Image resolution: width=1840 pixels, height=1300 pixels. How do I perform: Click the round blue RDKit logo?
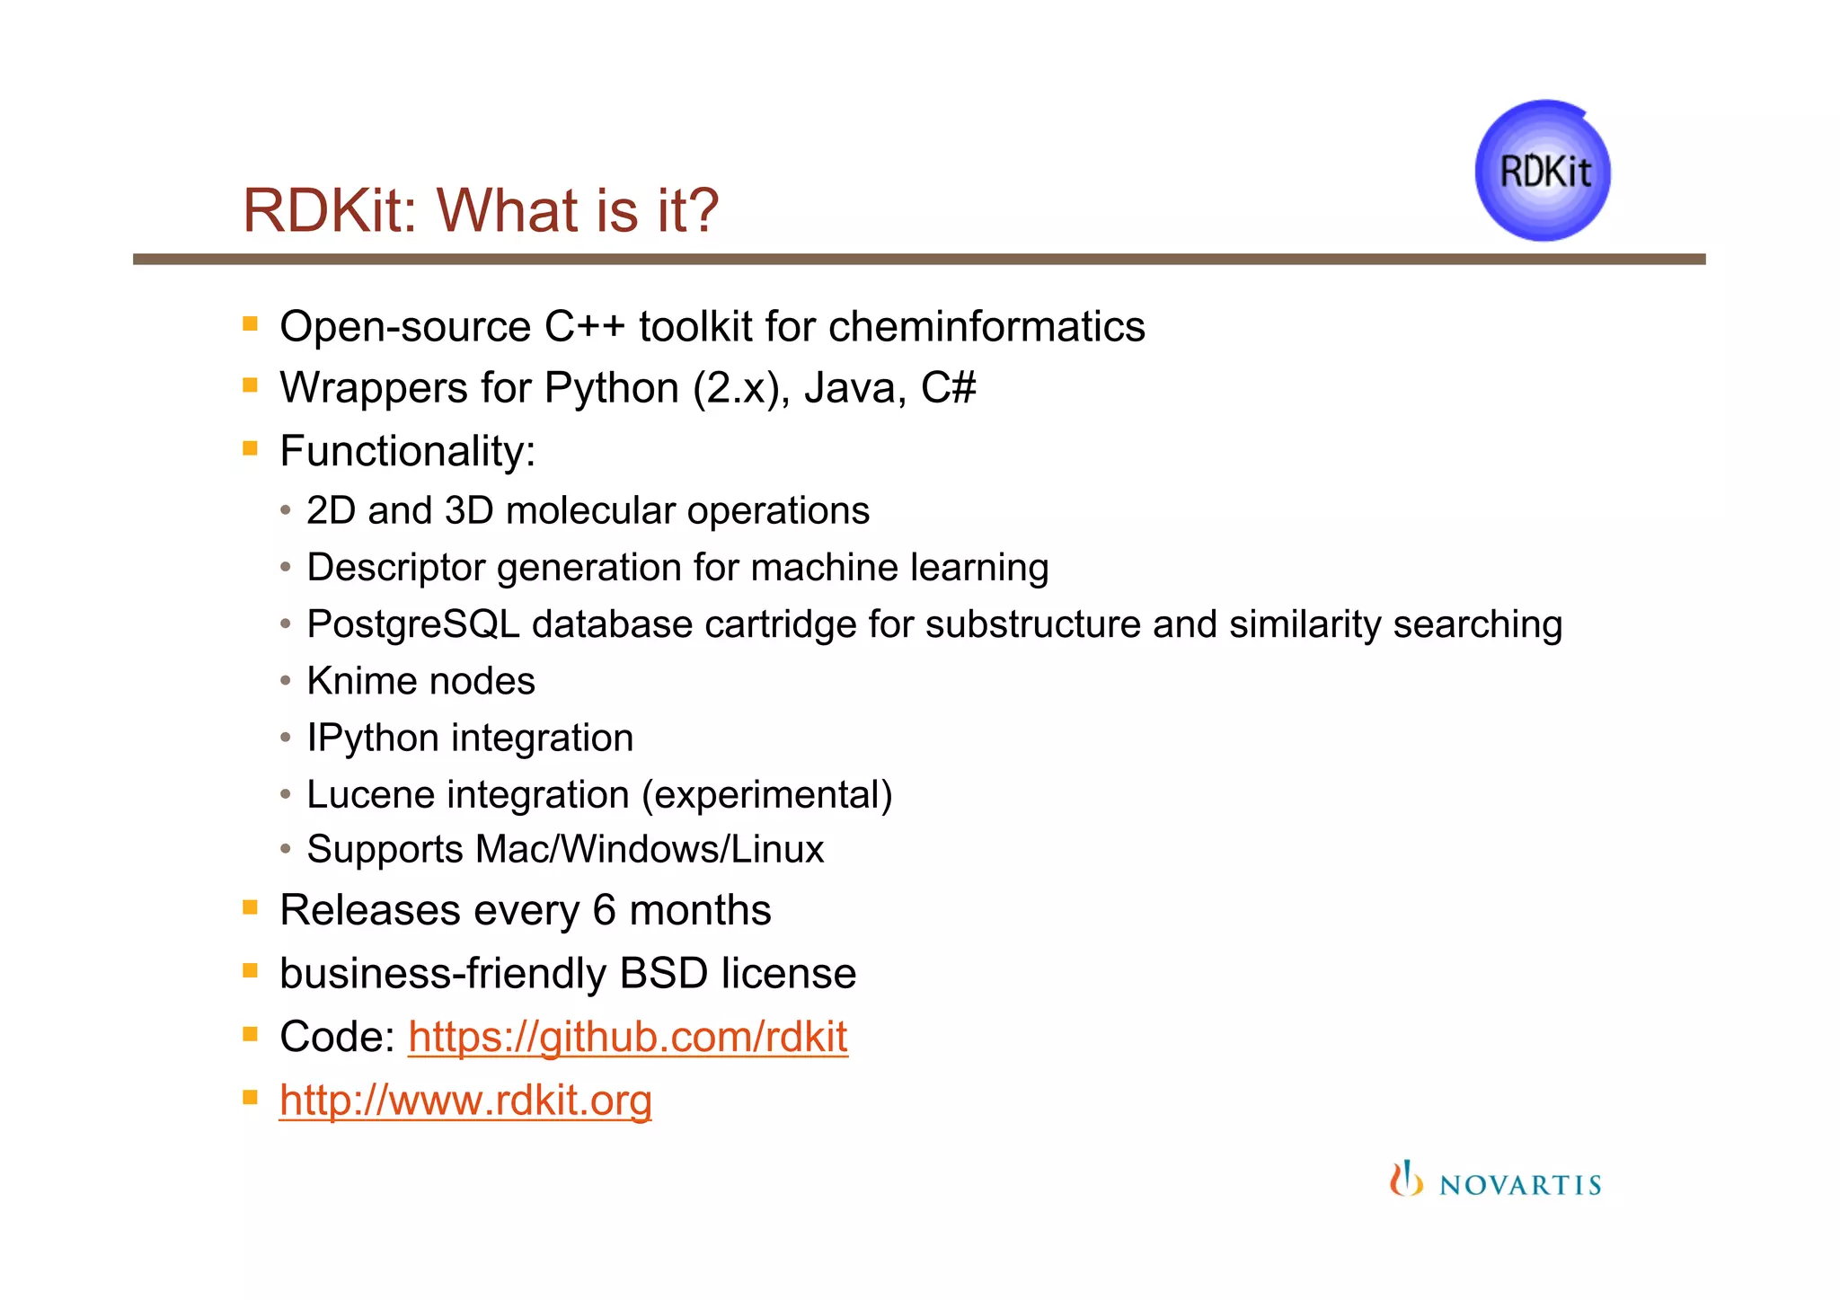pyautogui.click(x=1543, y=171)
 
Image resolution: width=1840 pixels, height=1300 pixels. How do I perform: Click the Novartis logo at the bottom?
pyautogui.click(x=1496, y=1181)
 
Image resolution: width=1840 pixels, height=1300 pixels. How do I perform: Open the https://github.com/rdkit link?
pyautogui.click(x=627, y=1037)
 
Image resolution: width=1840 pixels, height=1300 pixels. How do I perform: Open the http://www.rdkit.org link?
pyautogui.click(x=465, y=1101)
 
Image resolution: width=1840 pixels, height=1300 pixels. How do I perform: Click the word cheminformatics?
pyautogui.click(x=986, y=326)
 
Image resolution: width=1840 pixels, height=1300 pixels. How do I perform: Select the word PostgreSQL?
pyautogui.click(x=413, y=624)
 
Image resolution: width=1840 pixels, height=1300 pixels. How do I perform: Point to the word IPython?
pyautogui.click(x=372, y=738)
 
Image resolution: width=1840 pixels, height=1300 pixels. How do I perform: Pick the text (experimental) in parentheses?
pyautogui.click(x=767, y=795)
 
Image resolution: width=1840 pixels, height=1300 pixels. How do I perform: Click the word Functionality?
pyautogui.click(x=407, y=451)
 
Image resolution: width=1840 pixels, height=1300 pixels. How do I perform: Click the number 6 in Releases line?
pyautogui.click(x=604, y=910)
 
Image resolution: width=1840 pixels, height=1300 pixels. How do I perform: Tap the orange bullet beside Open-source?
pyautogui.click(x=251, y=324)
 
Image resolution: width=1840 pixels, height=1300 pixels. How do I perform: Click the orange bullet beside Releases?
pyautogui.click(x=251, y=907)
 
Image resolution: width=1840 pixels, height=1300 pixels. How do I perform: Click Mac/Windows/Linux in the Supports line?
pyautogui.click(x=650, y=850)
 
